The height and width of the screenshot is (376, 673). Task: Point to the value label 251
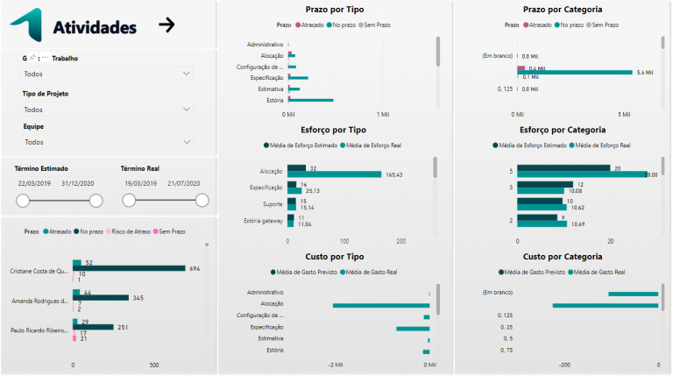click(x=124, y=327)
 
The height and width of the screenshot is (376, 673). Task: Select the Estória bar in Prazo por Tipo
click(x=310, y=100)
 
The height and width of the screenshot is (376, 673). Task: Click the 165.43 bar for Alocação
click(x=335, y=174)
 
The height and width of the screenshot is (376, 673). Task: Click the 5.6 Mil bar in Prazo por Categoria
click(x=574, y=72)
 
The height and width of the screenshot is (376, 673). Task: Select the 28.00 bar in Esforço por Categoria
click(x=582, y=174)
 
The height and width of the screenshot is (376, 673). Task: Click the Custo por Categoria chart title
click(x=561, y=256)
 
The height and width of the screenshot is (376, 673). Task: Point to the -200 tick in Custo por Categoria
click(x=564, y=364)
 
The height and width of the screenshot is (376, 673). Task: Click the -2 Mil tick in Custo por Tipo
click(x=334, y=364)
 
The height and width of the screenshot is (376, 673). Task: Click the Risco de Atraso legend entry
click(x=128, y=231)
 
